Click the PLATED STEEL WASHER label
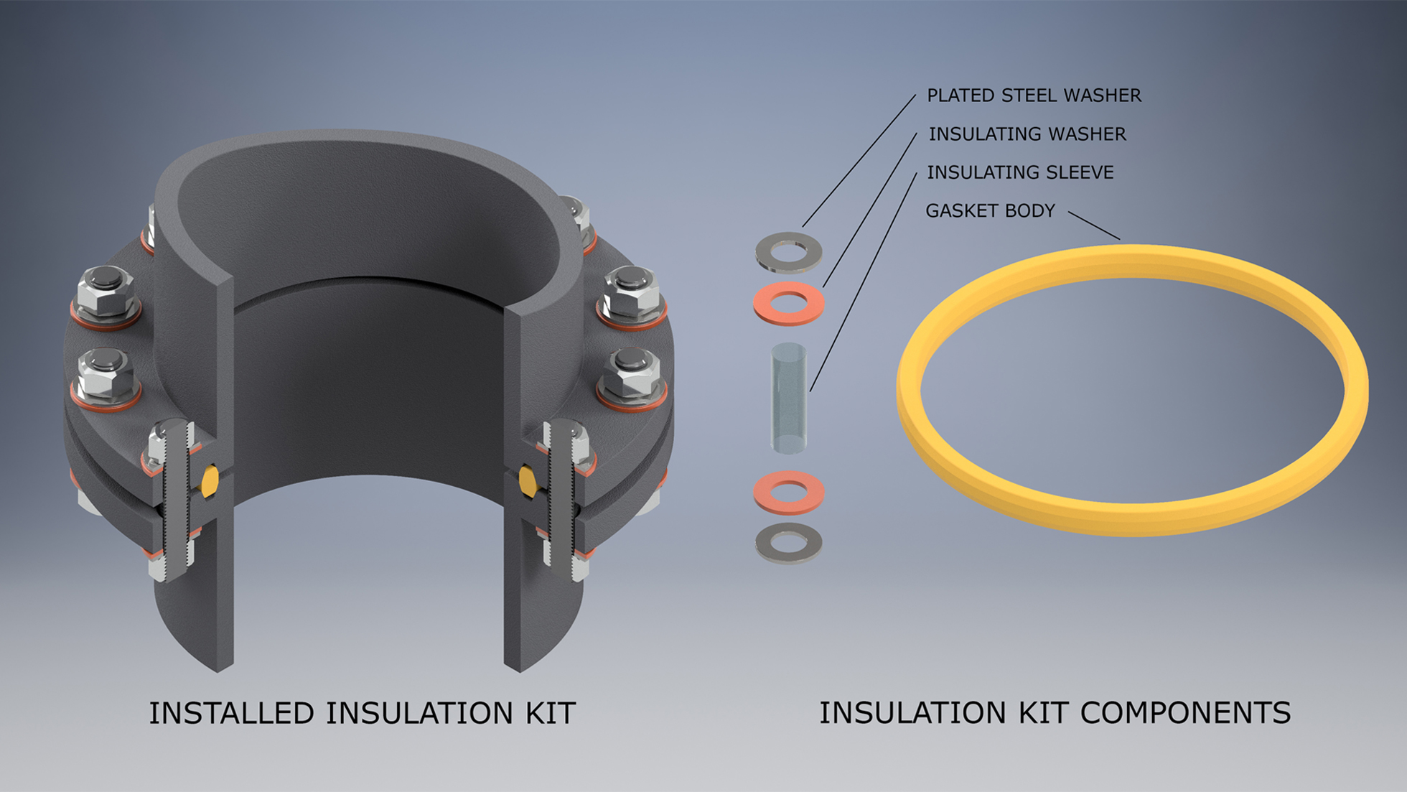(x=1033, y=95)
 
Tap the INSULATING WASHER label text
(x=1027, y=134)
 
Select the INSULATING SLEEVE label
(x=1019, y=172)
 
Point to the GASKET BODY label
(x=990, y=211)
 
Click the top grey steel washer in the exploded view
(x=788, y=253)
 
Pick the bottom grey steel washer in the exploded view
(x=788, y=544)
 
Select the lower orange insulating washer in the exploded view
(x=788, y=493)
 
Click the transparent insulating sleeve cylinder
(x=788, y=399)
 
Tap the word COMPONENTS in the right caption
(x=1185, y=713)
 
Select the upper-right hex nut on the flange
(x=631, y=290)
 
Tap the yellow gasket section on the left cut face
(x=210, y=481)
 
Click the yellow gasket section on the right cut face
(x=528, y=481)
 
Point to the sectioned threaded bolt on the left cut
(x=175, y=503)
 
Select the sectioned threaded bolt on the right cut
(x=562, y=503)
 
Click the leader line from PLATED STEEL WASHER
(x=859, y=161)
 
